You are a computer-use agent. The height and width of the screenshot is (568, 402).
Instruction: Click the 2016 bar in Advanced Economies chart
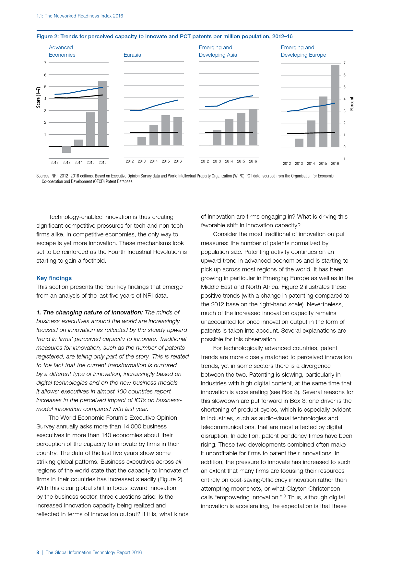point(102,113)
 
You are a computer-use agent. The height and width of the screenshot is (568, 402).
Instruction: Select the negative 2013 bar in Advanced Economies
point(66,149)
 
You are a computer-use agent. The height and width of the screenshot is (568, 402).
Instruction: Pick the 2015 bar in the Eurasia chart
point(166,130)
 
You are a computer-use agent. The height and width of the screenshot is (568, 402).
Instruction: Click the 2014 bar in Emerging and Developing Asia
point(229,132)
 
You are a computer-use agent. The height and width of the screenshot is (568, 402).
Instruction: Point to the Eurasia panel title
point(132,55)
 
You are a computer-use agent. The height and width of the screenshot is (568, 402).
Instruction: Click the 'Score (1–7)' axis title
point(38,97)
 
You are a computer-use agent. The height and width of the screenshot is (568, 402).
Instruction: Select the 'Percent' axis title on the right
point(352,104)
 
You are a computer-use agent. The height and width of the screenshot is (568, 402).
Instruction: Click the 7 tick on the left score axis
point(45,63)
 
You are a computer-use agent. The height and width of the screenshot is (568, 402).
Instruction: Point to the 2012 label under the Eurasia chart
point(130,161)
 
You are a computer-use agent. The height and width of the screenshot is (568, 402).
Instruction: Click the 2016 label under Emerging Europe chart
point(335,164)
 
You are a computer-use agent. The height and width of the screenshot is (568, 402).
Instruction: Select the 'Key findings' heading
point(54,278)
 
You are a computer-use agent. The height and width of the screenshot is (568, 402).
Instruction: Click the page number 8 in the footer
point(38,552)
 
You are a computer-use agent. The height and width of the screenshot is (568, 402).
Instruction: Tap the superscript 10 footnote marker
point(283,495)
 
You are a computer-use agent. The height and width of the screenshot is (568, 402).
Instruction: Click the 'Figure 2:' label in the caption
point(47,37)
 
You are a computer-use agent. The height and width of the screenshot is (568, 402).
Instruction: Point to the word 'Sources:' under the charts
point(43,176)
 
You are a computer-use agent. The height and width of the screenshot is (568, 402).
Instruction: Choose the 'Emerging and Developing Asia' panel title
point(218,51)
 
